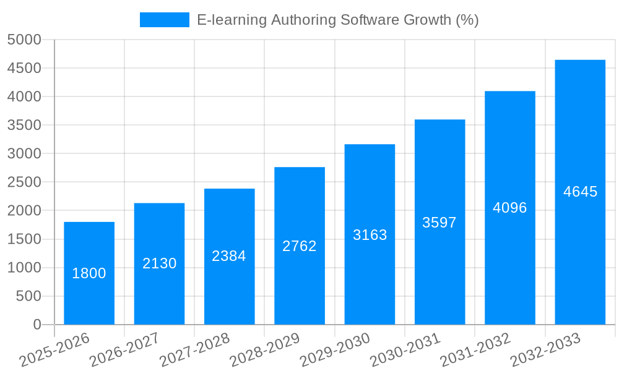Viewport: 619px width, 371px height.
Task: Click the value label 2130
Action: (x=160, y=263)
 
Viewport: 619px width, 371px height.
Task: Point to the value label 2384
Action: (x=229, y=256)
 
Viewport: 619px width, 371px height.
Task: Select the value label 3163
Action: (x=370, y=235)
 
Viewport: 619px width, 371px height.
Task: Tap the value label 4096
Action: (x=509, y=208)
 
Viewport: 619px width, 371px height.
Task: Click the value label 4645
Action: (x=580, y=192)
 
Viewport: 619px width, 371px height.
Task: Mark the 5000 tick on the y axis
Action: (x=24, y=40)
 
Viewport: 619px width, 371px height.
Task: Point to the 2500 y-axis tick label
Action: (x=24, y=182)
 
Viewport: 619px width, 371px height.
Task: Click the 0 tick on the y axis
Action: (x=37, y=325)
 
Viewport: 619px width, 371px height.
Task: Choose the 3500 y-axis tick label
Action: (x=24, y=126)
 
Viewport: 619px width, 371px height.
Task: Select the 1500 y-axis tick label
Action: (x=24, y=239)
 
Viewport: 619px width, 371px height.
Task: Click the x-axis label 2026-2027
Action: (x=124, y=350)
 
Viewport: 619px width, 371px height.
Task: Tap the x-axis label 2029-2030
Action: (x=335, y=350)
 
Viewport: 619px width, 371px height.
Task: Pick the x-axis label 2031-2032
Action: (x=475, y=350)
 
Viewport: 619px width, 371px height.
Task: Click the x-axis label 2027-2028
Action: (x=194, y=350)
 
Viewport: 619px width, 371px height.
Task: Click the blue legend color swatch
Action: (x=165, y=20)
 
